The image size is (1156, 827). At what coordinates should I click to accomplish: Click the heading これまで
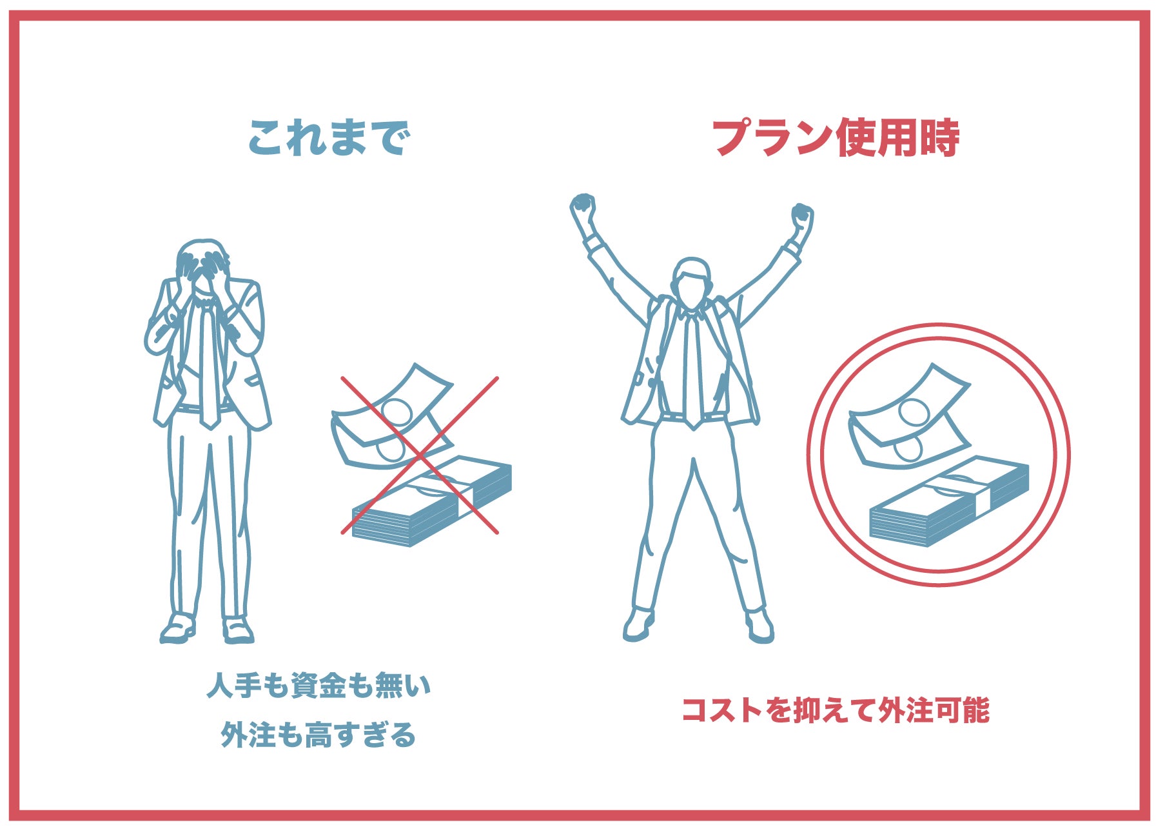pos(329,138)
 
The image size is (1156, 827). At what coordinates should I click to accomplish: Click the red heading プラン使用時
pos(836,138)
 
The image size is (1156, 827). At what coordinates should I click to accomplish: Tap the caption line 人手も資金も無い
pos(318,686)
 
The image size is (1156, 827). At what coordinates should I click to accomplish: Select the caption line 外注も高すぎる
pos(318,735)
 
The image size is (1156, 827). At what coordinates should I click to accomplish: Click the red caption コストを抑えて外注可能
pos(836,710)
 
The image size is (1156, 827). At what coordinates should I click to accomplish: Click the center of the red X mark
pos(420,456)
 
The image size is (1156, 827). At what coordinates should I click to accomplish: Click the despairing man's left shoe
pos(238,630)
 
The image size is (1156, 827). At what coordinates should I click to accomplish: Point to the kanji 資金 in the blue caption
pos(318,686)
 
